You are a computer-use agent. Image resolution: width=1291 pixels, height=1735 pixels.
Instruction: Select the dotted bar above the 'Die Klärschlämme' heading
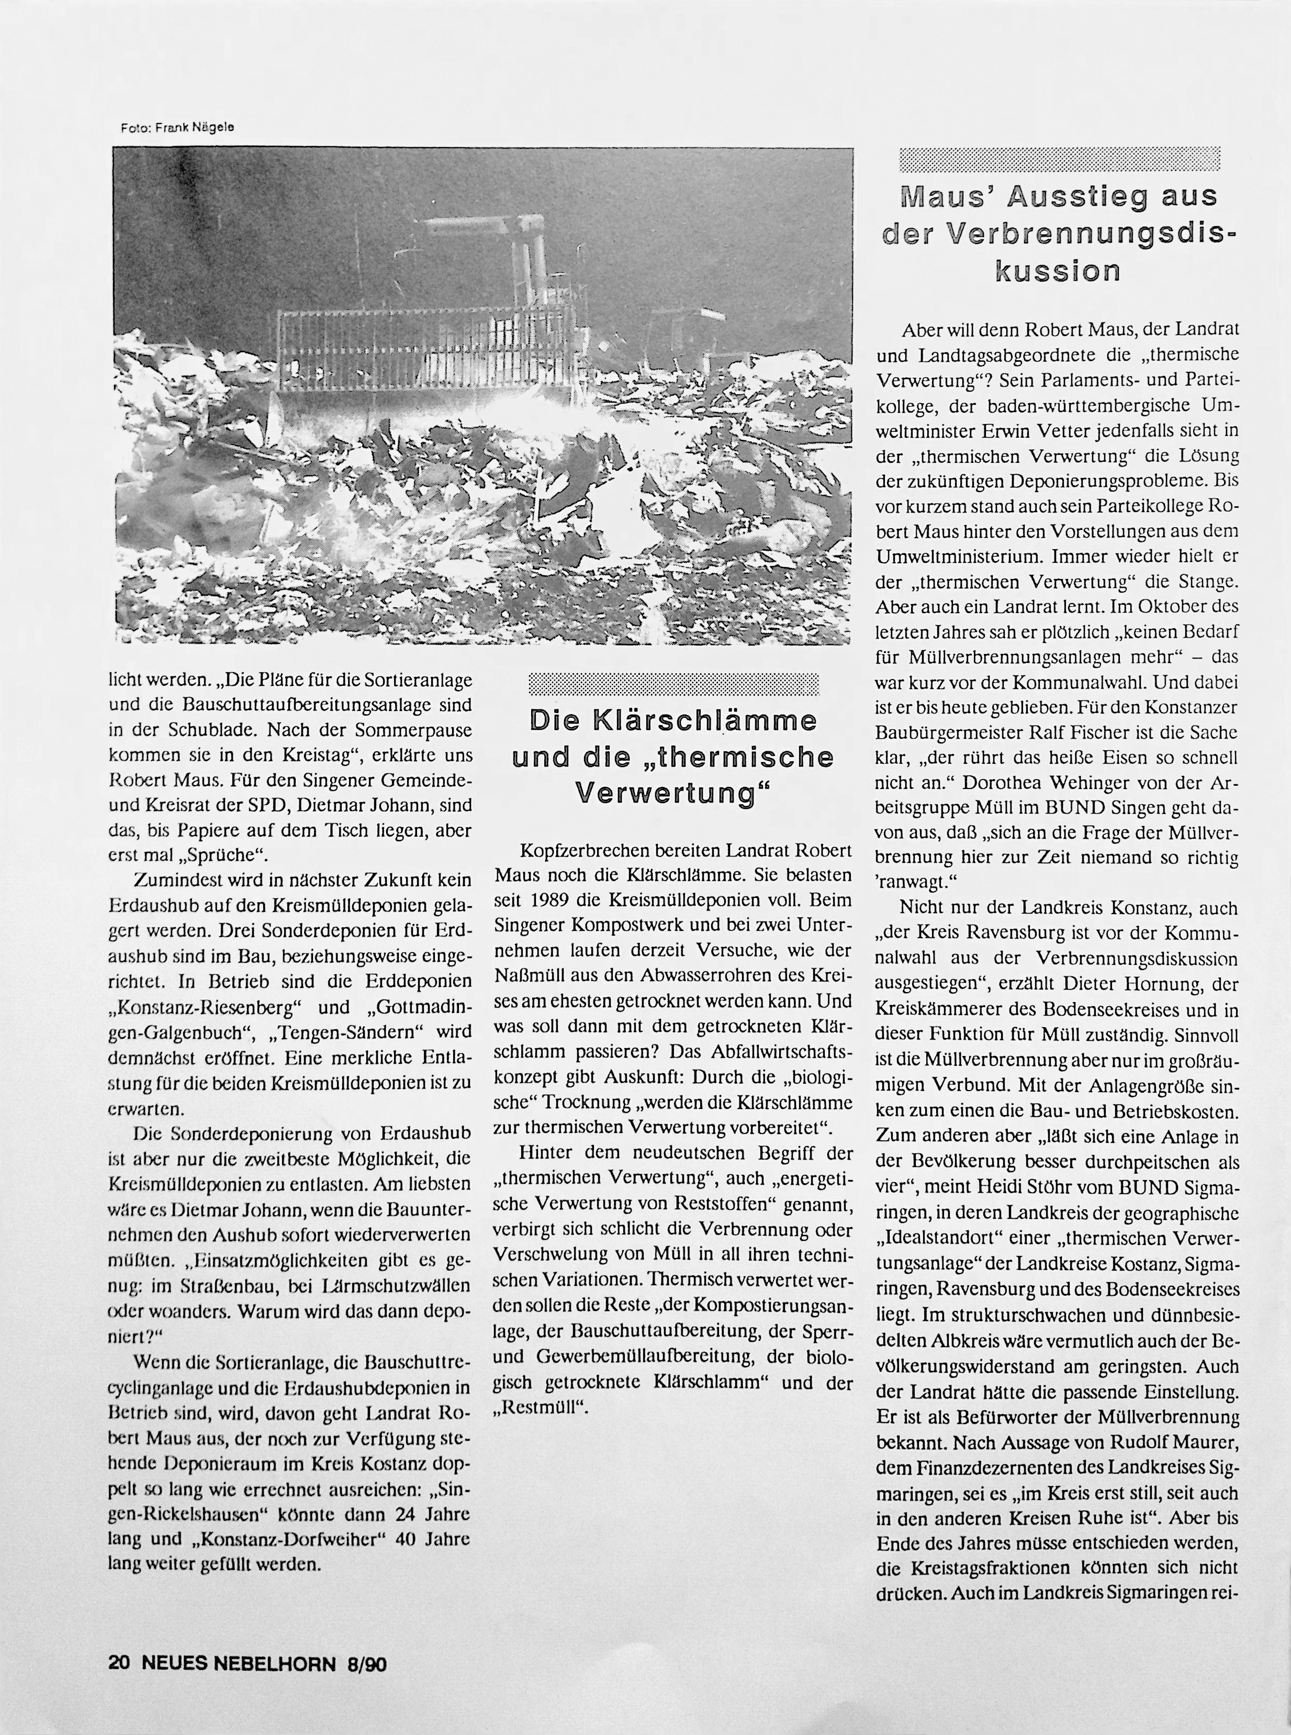pos(673,684)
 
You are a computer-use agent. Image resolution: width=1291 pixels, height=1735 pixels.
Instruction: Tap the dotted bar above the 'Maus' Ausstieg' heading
pos(1060,160)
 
